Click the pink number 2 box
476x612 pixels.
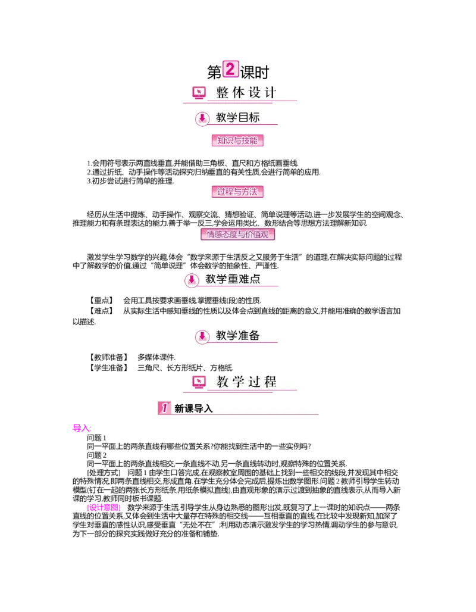(230, 68)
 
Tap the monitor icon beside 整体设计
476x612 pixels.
(199, 93)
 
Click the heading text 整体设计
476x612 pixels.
(246, 93)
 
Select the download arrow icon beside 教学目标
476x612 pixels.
(202, 118)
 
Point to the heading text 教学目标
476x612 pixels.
(237, 118)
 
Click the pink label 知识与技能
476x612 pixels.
(237, 140)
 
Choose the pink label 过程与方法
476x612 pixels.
(237, 192)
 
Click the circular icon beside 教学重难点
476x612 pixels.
(192, 280)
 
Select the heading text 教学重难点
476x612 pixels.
(233, 279)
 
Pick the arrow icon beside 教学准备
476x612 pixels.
(202, 336)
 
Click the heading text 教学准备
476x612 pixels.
(237, 336)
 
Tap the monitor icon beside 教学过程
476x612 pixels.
(199, 382)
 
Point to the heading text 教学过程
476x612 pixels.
(246, 382)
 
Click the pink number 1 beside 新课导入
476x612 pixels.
(164, 408)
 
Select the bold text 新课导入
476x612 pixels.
(193, 409)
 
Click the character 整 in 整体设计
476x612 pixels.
(223, 93)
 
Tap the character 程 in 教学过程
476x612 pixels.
(270, 382)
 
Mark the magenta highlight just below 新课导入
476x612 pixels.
(83, 429)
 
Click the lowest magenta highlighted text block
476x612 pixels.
(104, 508)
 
